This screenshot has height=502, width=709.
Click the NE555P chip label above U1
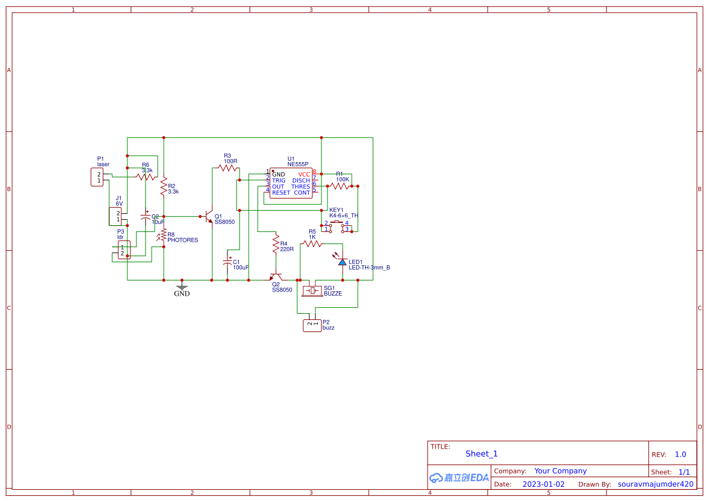[x=298, y=164]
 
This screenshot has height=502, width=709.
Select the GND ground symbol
[x=181, y=288]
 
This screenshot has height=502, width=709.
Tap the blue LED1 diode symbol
[x=342, y=262]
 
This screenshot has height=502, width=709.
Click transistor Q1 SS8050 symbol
[x=208, y=217]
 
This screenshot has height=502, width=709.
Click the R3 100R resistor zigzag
[x=228, y=168]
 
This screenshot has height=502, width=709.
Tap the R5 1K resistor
[x=312, y=243]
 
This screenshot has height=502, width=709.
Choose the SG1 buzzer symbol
[x=314, y=290]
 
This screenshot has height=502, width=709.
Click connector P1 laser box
[x=97, y=177]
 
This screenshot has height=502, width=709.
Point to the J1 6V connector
[x=115, y=216]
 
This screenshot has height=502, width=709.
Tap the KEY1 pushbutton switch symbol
[x=337, y=226]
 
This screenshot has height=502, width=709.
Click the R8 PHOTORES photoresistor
[x=163, y=235]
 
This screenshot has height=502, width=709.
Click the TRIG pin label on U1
[x=278, y=181]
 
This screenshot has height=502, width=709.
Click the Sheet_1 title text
[x=482, y=453]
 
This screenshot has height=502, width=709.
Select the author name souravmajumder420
[x=655, y=484]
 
